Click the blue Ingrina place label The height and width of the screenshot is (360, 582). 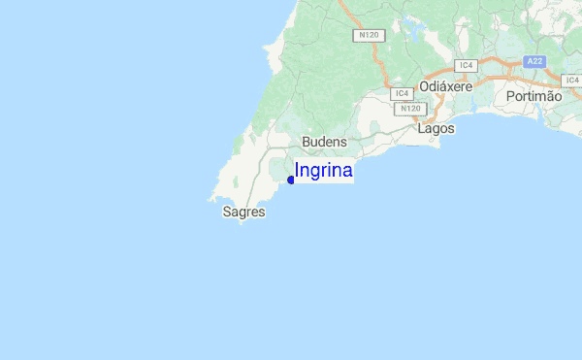323,171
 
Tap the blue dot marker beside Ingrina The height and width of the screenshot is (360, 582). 291,180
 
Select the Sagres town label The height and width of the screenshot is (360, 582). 243,211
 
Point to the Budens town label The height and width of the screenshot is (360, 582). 324,142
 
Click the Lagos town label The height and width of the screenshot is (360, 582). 436,128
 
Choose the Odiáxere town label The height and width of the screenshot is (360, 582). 446,86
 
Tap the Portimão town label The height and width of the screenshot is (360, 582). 533,96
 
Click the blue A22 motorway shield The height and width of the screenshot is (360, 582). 534,61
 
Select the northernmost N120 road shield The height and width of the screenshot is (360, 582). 368,35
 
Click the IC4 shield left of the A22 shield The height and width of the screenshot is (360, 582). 467,65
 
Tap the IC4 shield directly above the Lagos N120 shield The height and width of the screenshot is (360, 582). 402,93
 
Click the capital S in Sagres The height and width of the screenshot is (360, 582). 227,211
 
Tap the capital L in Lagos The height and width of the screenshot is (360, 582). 421,128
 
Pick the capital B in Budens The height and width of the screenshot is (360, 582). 307,142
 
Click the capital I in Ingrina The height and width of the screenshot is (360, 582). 297,171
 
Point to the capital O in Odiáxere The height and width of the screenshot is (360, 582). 426,86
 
